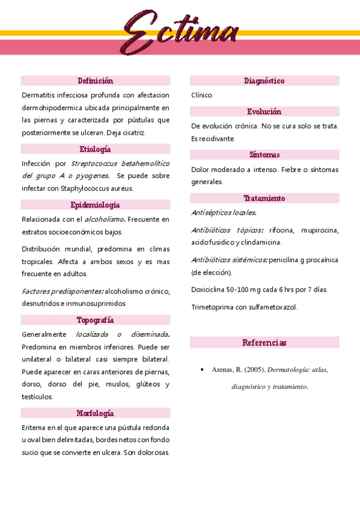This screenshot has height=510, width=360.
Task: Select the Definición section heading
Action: [95, 81]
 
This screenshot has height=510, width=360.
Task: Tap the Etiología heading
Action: [95, 149]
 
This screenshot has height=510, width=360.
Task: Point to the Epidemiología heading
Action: [95, 205]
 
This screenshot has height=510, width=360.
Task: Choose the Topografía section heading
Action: [95, 320]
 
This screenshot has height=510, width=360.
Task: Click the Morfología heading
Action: [95, 413]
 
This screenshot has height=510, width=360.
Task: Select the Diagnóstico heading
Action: [264, 81]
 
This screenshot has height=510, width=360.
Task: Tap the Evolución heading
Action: [264, 112]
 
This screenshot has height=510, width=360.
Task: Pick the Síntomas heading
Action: [264, 155]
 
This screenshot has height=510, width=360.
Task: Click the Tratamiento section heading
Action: [264, 198]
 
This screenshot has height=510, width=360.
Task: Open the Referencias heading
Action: [264, 343]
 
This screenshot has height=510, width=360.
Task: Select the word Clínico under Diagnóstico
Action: [202, 95]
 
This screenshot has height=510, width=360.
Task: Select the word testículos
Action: [38, 396]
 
